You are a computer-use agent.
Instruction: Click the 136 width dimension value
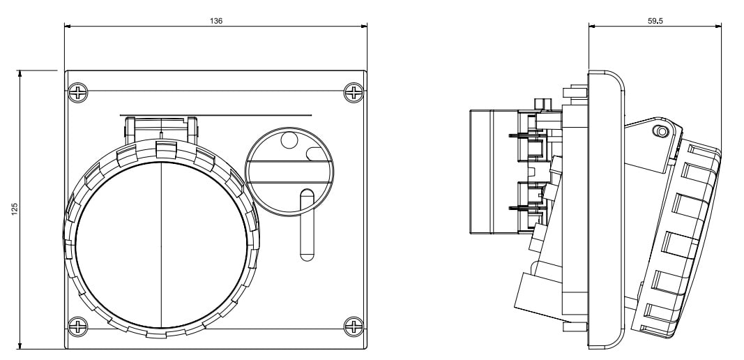(216, 21)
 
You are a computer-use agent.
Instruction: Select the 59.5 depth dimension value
(655, 21)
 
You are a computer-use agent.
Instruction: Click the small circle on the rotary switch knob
(288, 142)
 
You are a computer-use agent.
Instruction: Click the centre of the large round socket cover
(161, 241)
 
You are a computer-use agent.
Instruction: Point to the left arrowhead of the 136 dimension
(67, 27)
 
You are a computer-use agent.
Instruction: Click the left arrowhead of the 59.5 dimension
(591, 27)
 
